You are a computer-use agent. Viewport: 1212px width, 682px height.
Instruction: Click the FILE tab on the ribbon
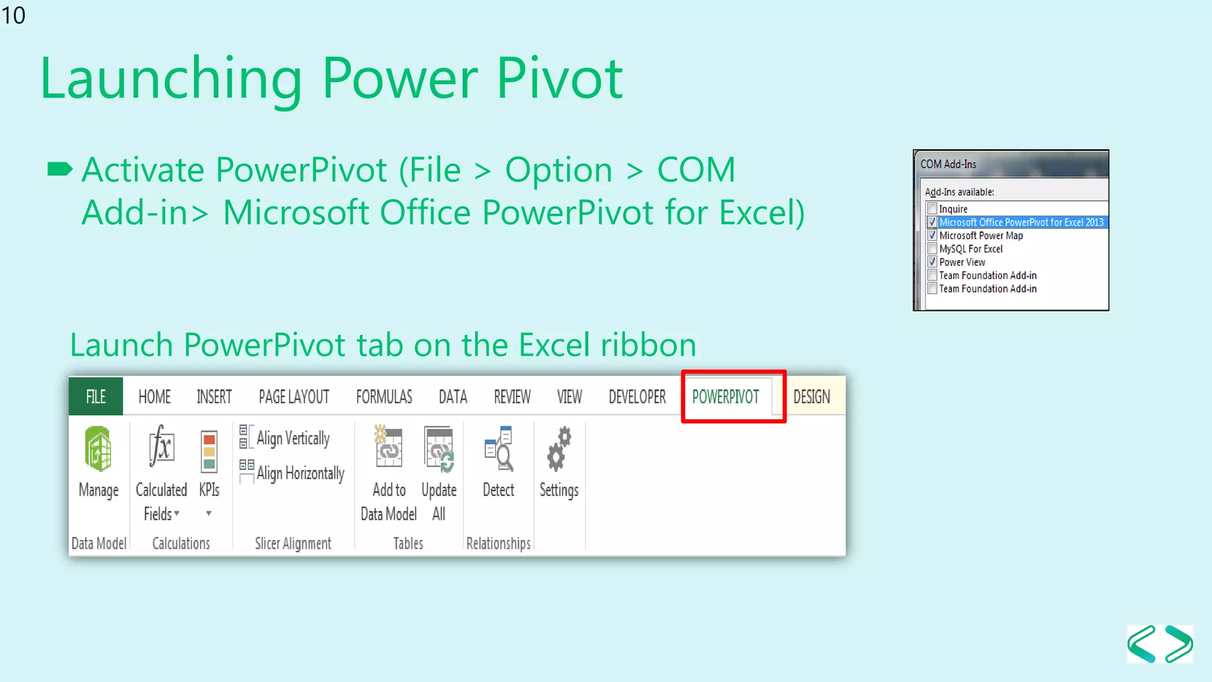96,397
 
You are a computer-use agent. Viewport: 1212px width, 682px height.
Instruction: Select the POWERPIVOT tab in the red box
726,397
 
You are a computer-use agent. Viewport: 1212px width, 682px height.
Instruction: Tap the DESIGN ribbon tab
811,397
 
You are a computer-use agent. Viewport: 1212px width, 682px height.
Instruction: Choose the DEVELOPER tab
637,397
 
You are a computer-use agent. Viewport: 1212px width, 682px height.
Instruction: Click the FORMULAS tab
384,397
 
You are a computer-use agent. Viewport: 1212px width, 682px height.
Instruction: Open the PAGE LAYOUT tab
294,397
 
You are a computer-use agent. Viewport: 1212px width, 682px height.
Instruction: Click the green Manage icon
98,449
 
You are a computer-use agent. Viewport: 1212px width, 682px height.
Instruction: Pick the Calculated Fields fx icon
161,447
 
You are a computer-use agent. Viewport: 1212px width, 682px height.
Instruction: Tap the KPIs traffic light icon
209,451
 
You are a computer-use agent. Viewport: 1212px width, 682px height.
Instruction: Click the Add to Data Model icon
389,448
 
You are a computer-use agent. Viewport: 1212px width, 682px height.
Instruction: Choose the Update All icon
439,449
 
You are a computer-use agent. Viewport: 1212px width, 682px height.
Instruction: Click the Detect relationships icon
498,449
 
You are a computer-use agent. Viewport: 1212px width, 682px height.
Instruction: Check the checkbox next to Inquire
933,209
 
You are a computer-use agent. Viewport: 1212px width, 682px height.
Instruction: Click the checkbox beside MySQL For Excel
933,249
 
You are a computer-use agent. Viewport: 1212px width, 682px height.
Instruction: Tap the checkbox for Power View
933,262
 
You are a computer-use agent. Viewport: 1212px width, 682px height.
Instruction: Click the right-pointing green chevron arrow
1179,644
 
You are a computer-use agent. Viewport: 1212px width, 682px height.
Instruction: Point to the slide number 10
14,15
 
